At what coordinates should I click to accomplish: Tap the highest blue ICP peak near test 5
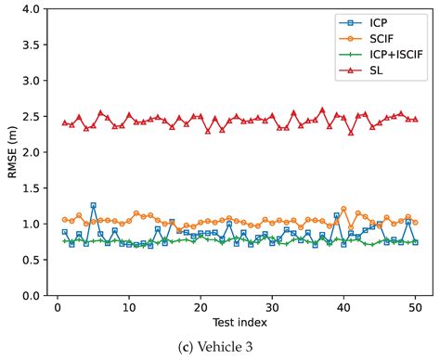93,205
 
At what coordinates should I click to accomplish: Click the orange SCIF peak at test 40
343,209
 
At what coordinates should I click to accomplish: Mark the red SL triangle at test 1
65,122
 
